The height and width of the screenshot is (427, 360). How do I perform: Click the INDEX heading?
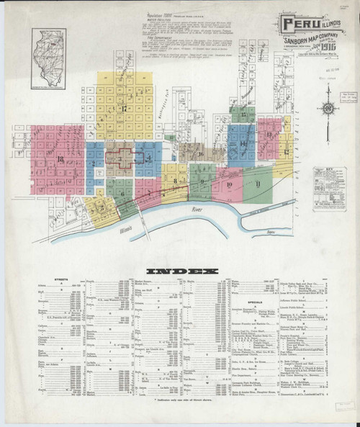[181, 271]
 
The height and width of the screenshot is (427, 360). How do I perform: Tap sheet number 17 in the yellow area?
[124, 109]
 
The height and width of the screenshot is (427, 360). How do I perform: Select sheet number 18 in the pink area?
[53, 158]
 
